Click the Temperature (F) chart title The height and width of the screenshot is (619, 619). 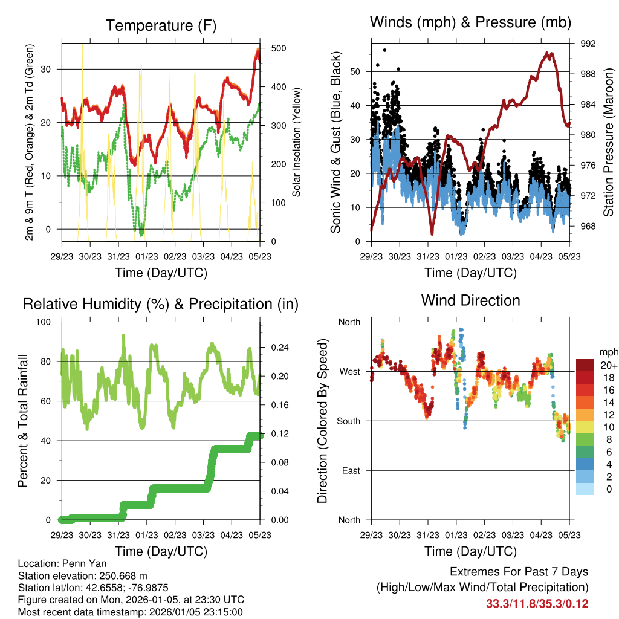click(161, 25)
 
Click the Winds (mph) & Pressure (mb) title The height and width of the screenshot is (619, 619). click(470, 22)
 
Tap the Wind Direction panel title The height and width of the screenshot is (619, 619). click(470, 300)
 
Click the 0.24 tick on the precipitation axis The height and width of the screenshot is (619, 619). click(274, 348)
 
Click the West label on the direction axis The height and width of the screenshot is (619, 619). click(349, 371)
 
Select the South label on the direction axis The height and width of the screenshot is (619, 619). click(349, 421)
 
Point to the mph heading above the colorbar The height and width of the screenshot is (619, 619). click(608, 352)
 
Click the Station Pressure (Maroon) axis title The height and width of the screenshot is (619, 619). click(609, 142)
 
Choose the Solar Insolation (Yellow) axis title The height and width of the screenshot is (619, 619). click(297, 142)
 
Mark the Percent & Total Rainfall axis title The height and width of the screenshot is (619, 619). click(22, 421)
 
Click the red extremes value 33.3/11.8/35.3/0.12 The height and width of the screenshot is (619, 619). click(537, 604)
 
